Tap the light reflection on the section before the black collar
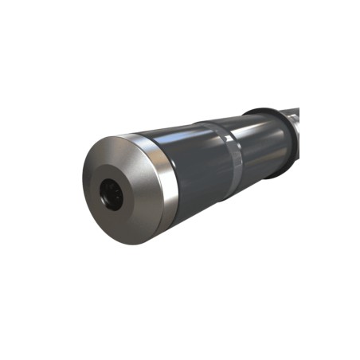pos(255,127)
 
